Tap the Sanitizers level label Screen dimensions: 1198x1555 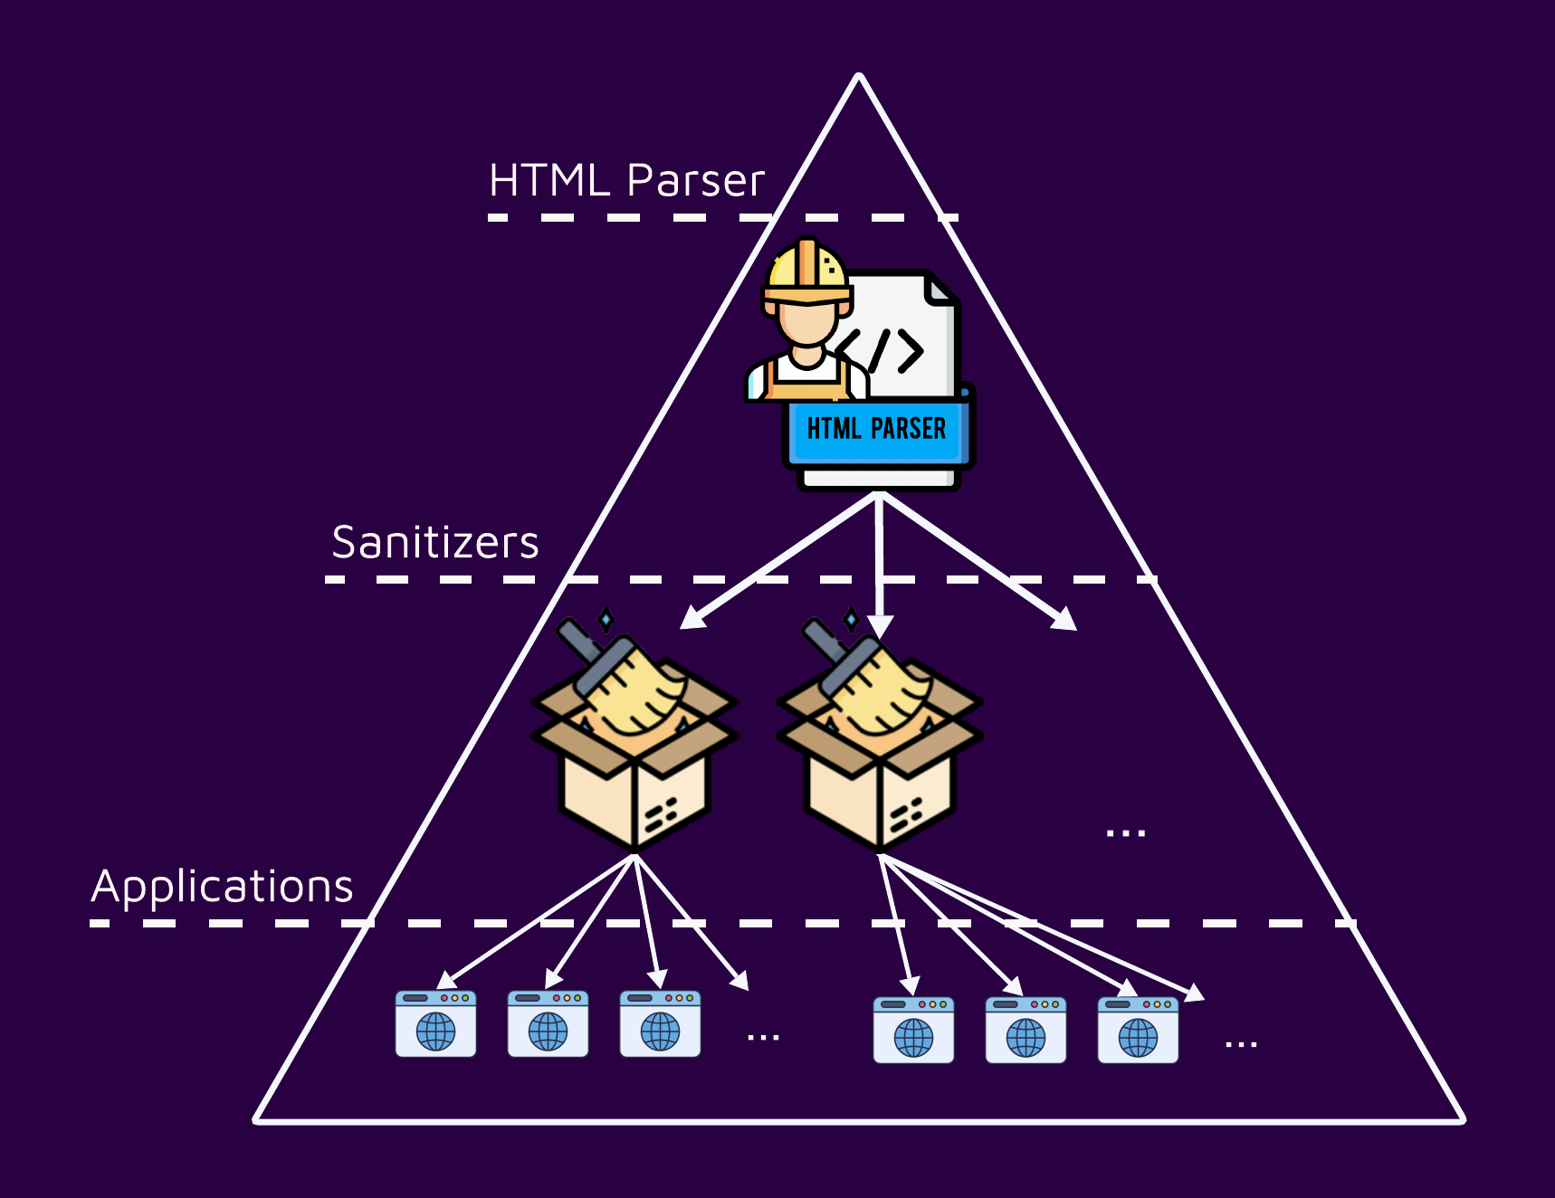pos(434,543)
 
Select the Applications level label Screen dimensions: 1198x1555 pos(222,886)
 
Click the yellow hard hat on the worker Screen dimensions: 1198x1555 pos(806,270)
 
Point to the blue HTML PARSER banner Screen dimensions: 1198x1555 pos(876,429)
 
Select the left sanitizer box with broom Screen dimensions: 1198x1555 pos(634,742)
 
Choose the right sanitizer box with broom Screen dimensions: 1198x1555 pos(879,742)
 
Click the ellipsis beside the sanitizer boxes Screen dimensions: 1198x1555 pos(1125,832)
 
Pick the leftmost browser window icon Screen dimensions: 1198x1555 pos(435,1024)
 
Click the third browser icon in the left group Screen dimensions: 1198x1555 pos(660,1024)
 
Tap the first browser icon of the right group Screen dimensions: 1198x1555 pos(913,1031)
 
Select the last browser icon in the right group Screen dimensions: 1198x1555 pos(1138,1031)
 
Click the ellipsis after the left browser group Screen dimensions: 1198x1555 pos(763,1037)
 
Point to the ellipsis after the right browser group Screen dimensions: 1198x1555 pos(1241,1044)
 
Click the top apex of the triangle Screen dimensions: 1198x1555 pos(859,77)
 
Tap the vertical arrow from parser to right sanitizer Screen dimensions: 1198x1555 pos(879,561)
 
